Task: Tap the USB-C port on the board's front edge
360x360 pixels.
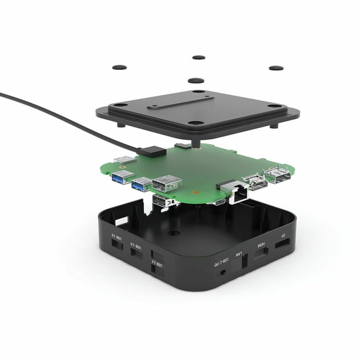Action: point(219,202)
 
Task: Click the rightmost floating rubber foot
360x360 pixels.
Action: point(276,68)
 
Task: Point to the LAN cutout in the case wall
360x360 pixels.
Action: point(244,262)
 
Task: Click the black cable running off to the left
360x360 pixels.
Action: point(62,115)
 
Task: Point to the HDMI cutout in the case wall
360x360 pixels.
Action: point(261,255)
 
